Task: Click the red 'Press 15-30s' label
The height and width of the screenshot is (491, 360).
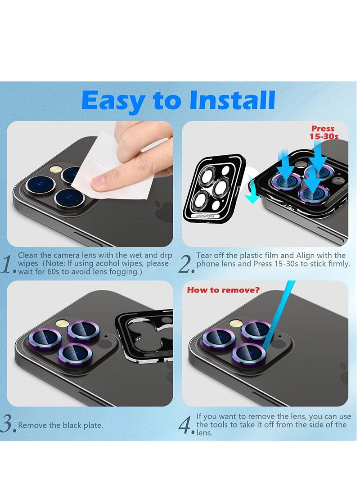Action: (324, 132)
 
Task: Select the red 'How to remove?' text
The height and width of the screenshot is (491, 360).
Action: (223, 290)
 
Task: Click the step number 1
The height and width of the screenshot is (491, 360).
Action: (8, 265)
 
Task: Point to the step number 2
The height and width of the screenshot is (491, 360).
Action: (186, 265)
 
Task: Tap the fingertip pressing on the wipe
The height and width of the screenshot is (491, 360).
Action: (101, 182)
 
